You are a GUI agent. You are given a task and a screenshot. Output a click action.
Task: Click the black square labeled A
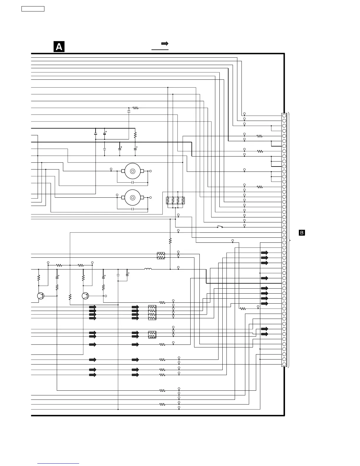tap(59, 47)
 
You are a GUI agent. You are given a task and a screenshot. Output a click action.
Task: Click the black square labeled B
tap(302, 233)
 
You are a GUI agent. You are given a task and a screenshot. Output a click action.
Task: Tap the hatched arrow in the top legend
tap(165, 44)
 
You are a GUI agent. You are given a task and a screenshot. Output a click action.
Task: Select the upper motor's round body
tap(132, 171)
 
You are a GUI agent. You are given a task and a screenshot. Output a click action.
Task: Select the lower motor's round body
tap(132, 197)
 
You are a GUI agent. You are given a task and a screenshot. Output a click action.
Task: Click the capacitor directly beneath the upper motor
tap(133, 182)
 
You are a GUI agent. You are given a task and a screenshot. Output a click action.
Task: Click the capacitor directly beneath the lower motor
tap(133, 209)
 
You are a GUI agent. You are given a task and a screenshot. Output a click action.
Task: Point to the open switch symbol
tap(220, 227)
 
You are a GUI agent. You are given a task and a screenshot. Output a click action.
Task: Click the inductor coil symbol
tap(148, 269)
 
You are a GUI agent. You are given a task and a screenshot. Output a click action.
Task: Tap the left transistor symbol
tap(41, 296)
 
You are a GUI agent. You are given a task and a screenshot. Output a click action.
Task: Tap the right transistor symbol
tap(85, 296)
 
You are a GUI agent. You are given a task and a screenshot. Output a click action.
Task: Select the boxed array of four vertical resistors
tap(175, 201)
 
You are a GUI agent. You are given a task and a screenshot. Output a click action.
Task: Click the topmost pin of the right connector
tap(284, 116)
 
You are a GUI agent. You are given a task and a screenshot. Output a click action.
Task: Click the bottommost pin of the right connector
tap(284, 365)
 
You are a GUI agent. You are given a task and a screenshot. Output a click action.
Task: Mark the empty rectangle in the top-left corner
tap(33, 9)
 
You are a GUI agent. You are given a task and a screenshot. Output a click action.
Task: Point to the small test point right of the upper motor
tap(151, 171)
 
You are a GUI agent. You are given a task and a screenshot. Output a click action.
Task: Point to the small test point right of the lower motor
tap(151, 197)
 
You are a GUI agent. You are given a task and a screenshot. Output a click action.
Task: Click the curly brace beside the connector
tap(290, 240)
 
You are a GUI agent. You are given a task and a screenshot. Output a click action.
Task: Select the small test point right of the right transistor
tap(106, 296)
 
